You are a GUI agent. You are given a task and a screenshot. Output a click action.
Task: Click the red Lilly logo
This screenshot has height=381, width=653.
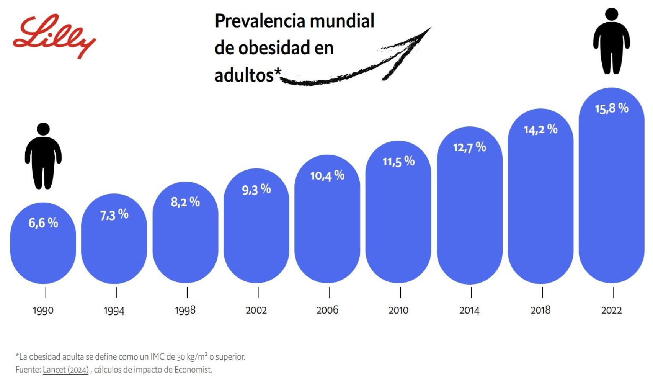pos(54,36)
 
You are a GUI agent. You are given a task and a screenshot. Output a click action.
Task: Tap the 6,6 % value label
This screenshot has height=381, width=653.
pos(43,222)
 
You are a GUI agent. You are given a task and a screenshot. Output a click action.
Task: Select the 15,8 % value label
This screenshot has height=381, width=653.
pos(611,108)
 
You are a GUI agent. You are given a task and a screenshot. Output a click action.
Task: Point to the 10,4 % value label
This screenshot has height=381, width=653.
pos(327,176)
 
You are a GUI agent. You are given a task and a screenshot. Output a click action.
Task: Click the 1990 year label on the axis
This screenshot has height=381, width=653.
pos(43,310)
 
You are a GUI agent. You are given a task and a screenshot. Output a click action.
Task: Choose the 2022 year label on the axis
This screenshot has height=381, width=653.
pos(611,310)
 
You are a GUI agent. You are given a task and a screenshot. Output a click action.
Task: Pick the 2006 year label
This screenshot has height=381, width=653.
pos(327,310)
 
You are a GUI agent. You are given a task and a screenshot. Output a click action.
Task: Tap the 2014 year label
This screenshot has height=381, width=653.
pos(469,310)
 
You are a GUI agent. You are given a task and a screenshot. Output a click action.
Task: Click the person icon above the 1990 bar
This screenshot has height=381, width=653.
pos(43,156)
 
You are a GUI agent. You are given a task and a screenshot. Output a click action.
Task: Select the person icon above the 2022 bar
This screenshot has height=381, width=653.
pos(611,41)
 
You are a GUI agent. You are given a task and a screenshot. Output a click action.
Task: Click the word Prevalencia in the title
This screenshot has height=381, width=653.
pos(260,21)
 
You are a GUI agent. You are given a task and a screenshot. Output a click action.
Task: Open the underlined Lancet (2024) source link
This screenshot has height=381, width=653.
pos(65,370)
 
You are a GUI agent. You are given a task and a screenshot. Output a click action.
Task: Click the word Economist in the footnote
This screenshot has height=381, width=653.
pos(193,370)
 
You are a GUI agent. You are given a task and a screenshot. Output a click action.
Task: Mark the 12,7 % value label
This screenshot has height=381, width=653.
pos(469,147)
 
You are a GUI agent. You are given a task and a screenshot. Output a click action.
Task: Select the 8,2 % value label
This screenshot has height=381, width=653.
pos(185,202)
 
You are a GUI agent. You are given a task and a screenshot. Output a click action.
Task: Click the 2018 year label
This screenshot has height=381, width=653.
pos(540,310)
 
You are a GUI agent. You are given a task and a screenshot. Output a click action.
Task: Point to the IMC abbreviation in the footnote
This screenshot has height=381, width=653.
pos(157,357)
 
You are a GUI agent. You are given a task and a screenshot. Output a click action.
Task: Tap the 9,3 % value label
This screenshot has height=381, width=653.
pos(256,189)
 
